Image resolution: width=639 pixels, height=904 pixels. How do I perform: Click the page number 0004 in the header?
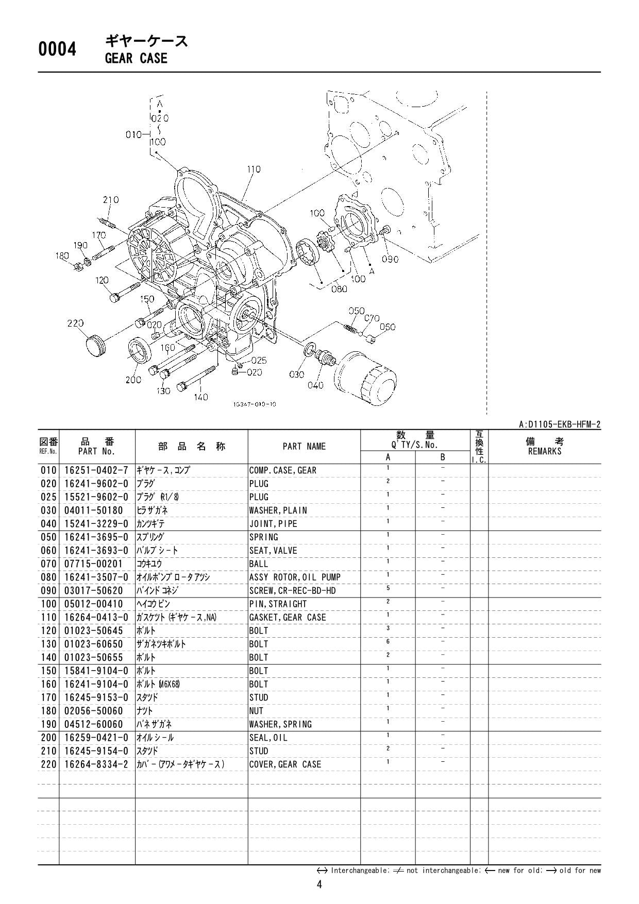[x=57, y=50]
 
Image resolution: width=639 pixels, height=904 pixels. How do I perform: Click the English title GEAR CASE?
[x=136, y=58]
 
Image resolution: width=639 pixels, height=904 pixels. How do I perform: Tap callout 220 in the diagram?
[x=75, y=323]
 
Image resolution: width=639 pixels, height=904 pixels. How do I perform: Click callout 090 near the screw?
[x=390, y=259]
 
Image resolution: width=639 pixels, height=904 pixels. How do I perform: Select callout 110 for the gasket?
[x=254, y=169]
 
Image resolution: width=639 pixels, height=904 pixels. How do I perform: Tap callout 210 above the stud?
[x=111, y=200]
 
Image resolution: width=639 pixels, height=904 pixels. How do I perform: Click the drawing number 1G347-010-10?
[x=255, y=404]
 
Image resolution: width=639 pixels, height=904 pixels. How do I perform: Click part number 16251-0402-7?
[x=96, y=470]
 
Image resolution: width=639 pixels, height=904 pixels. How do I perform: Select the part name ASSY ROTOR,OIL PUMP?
[x=295, y=577]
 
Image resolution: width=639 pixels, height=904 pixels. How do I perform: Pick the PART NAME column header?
[x=304, y=447]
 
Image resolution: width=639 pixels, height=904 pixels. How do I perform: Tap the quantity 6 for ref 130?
[x=388, y=641]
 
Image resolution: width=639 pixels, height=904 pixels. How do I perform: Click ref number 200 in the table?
[x=48, y=738]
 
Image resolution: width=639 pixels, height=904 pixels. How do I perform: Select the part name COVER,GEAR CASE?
[x=285, y=764]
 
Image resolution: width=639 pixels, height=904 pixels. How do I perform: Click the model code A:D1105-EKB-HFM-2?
[x=560, y=424]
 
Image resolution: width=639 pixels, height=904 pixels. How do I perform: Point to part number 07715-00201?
[x=93, y=564]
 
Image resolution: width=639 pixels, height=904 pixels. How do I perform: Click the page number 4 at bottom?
[x=320, y=885]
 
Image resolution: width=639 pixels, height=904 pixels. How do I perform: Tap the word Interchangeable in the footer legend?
[x=354, y=871]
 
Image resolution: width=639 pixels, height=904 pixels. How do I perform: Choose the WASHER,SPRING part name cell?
[x=280, y=724]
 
